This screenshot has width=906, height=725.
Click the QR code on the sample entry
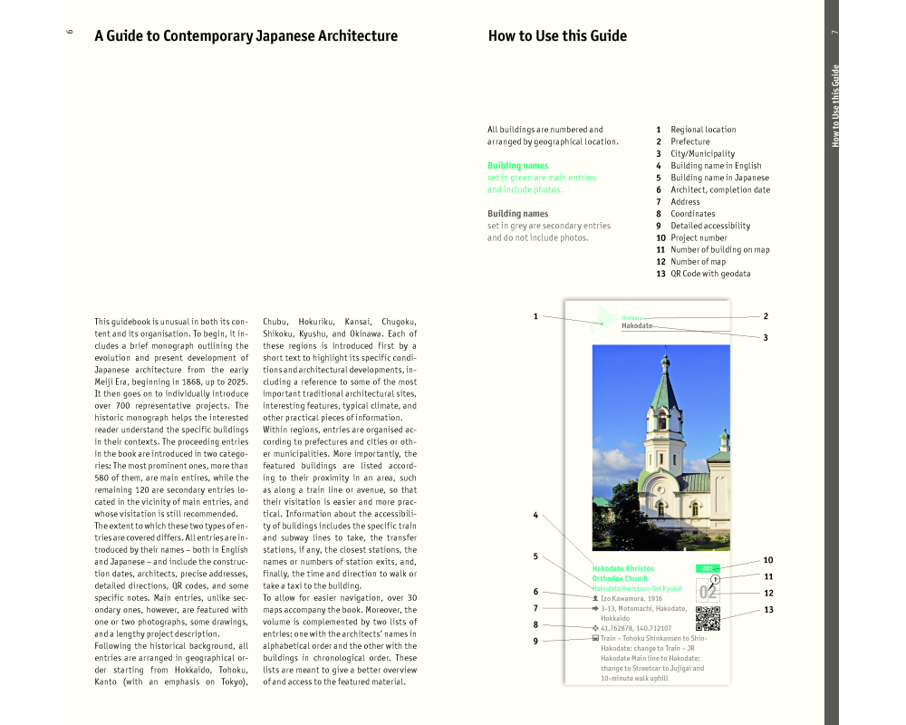pos(708,618)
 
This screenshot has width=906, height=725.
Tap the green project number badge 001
pos(707,569)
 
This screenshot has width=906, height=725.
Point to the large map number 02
pos(708,593)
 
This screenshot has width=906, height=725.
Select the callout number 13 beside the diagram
pos(768,609)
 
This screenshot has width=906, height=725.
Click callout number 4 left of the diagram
pos(535,516)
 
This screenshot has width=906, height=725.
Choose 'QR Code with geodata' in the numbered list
pos(710,274)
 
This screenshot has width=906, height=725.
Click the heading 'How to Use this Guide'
pos(557,36)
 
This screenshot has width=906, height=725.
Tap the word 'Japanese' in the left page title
pos(230,36)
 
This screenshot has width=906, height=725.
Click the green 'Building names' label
pos(517,166)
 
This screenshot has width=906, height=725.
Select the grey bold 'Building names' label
pos(517,214)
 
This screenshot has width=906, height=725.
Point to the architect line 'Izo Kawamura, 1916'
pos(631,599)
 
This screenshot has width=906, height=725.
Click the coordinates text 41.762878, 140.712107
pos(635,628)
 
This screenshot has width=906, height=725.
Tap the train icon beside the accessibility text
pos(594,638)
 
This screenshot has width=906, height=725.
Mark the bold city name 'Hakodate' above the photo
pos(637,325)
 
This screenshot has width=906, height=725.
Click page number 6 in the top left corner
pos(70,33)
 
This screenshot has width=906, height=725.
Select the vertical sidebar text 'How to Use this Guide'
pos(835,105)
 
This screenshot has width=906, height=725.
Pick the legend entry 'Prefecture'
pos(689,141)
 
